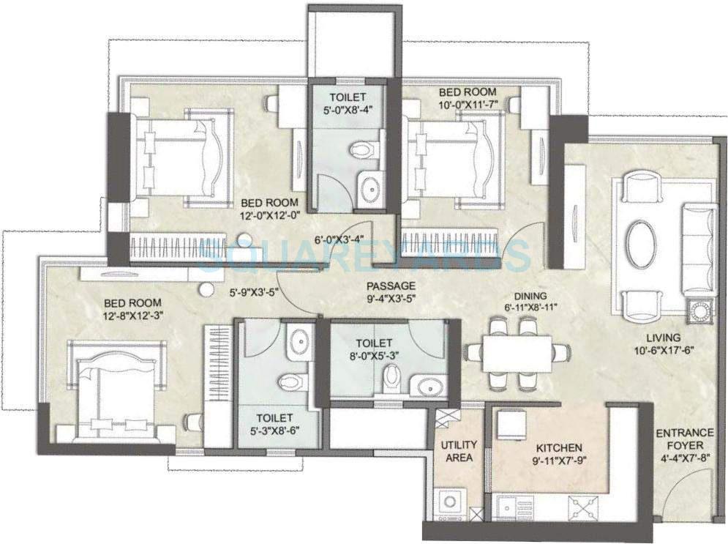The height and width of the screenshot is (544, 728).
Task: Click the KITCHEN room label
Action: (559, 447)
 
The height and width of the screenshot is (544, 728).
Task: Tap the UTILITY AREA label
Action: (459, 451)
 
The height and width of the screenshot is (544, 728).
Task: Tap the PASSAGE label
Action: (391, 286)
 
